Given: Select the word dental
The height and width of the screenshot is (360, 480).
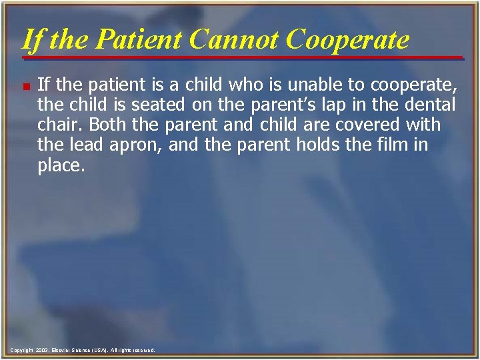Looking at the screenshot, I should [x=425, y=105].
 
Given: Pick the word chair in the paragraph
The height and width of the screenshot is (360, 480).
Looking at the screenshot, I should [x=59, y=125].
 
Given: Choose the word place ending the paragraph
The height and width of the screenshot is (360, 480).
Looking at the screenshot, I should [x=60, y=165].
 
